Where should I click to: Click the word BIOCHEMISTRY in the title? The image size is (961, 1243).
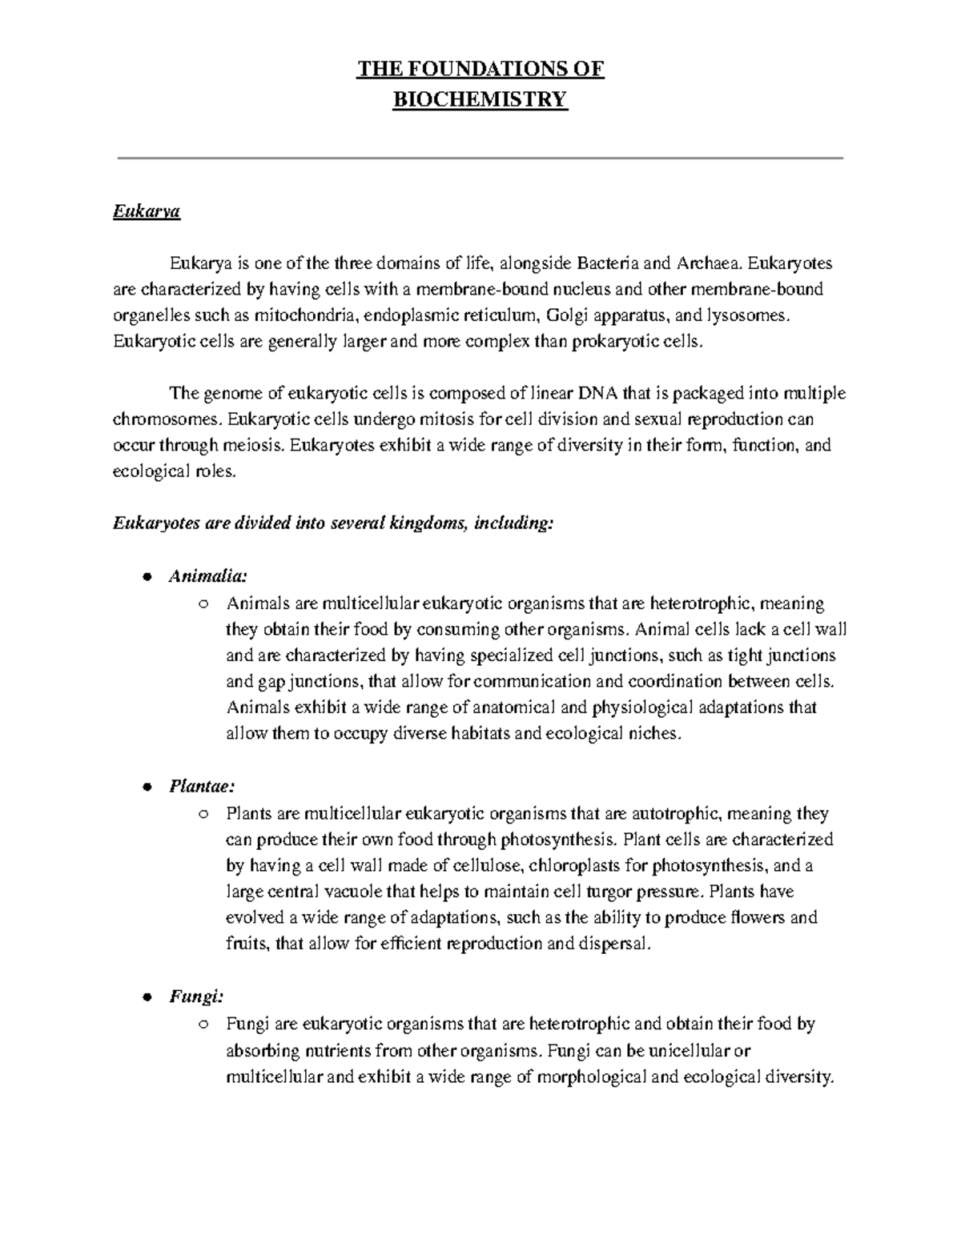click(480, 100)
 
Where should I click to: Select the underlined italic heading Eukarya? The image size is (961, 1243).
click(147, 212)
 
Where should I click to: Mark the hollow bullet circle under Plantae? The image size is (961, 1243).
click(203, 815)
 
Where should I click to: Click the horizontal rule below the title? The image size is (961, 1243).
click(480, 158)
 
